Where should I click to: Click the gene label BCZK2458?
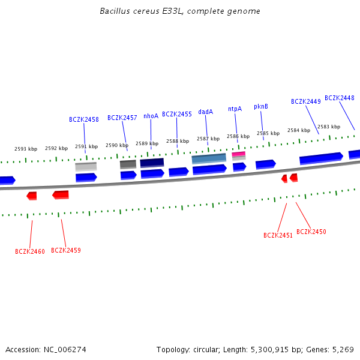point(83,119)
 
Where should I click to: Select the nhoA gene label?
point(151,116)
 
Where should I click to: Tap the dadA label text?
point(205,112)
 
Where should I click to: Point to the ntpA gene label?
point(235,109)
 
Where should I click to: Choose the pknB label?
point(260,106)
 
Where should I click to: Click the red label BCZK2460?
point(30,251)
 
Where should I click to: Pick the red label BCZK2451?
point(278,235)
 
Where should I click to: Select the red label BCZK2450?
point(311,232)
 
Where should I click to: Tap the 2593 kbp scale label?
point(26,149)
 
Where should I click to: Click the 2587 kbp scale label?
point(208,139)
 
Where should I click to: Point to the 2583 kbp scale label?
point(328,127)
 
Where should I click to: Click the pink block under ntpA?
point(238,154)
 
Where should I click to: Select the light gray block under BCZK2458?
point(86,166)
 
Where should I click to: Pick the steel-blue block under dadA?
point(209,158)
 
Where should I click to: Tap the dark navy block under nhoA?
point(152,163)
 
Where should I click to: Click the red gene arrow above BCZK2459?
point(61,194)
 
